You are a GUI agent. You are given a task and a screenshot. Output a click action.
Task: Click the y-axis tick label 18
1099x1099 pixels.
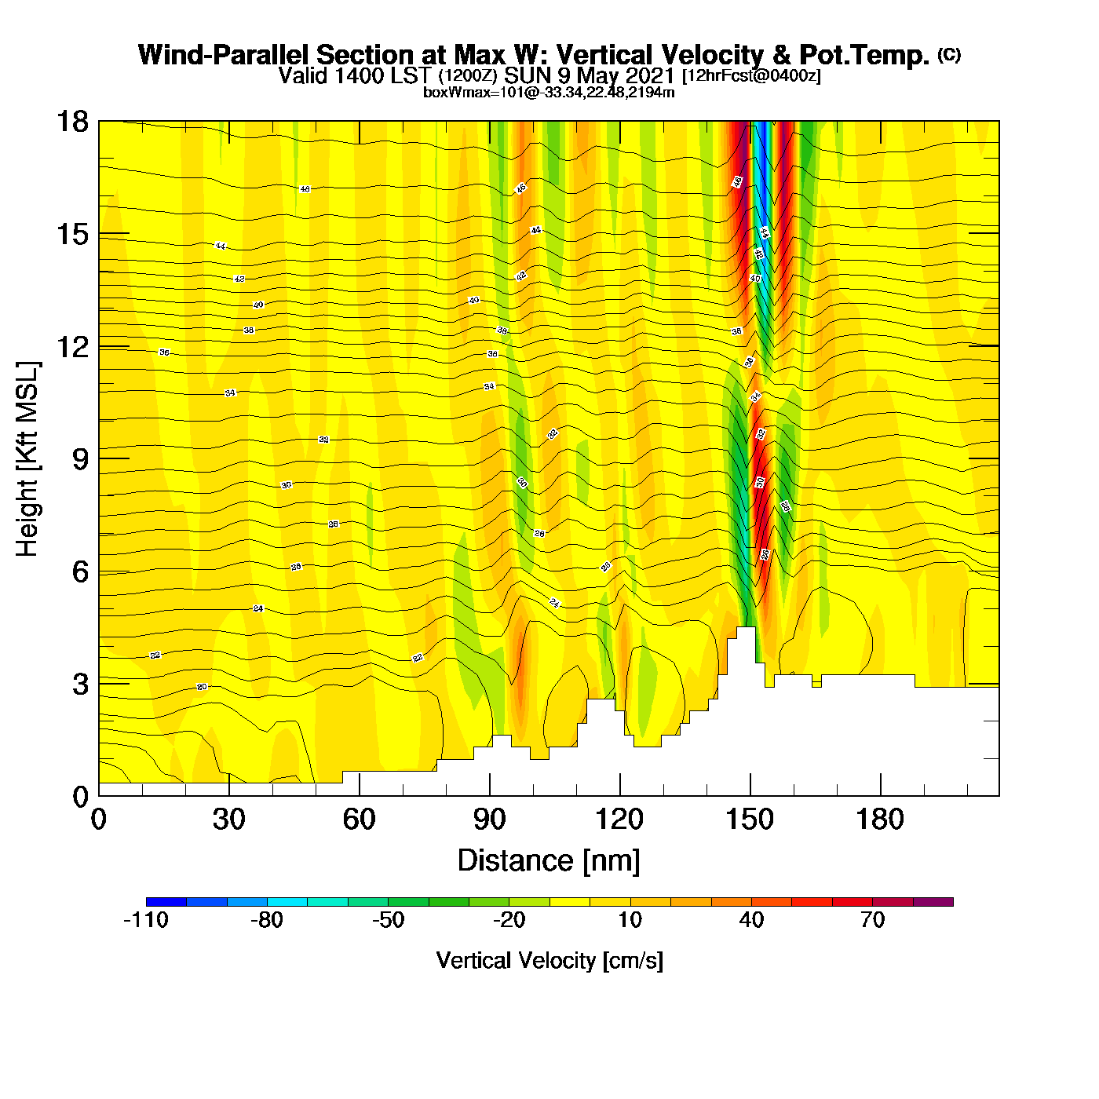[x=72, y=122]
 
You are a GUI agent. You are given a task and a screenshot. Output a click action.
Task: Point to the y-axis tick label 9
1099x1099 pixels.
[x=80, y=459]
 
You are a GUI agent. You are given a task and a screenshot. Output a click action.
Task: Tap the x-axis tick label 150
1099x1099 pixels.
[x=750, y=820]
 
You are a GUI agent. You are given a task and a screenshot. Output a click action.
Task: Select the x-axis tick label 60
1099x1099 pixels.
[x=359, y=820]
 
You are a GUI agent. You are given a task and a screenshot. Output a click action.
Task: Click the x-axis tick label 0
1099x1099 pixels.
[x=99, y=820]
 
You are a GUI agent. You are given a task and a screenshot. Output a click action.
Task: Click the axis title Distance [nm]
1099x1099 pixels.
[x=549, y=860]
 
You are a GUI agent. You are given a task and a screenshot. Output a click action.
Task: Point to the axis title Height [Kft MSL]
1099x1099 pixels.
[x=27, y=459]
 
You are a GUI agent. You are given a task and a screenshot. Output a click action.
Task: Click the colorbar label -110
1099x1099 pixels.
[x=146, y=920]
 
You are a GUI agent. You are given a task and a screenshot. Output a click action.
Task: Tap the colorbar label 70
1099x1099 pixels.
[x=872, y=920]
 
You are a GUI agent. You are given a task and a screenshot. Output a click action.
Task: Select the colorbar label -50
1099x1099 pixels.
[x=388, y=920]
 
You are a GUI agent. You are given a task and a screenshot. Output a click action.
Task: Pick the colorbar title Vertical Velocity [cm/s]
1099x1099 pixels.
[x=549, y=960]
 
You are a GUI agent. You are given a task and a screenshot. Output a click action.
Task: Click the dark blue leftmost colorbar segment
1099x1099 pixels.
[x=166, y=902]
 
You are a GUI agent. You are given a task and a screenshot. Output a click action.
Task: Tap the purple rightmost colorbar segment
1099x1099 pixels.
[x=933, y=902]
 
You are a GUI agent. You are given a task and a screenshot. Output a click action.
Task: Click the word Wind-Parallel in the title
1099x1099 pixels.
[x=225, y=55]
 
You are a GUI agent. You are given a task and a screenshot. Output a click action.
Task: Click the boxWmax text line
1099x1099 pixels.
[x=549, y=92]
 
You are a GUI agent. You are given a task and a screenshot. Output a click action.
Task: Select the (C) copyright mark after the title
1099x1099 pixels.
[x=949, y=54]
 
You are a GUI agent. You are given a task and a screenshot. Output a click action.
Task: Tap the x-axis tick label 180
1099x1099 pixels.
[x=880, y=820]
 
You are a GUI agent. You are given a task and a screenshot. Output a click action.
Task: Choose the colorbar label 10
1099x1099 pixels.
[x=630, y=920]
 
